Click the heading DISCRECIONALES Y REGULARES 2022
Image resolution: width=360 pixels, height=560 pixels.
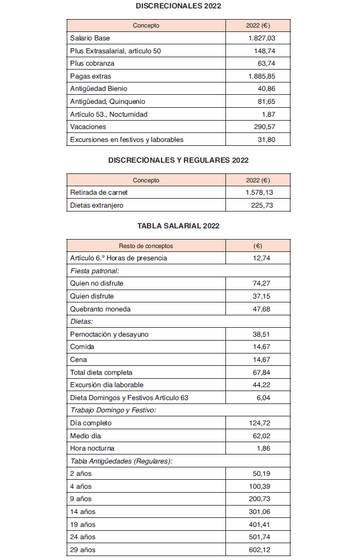point(178,160)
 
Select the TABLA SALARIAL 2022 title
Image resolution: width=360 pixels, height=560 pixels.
point(178,226)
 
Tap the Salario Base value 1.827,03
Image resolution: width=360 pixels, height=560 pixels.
point(261,38)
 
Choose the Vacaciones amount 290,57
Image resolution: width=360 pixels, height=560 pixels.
point(263,127)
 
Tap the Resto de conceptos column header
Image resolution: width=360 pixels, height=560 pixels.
point(146,246)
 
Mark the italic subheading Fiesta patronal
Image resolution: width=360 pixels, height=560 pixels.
point(90,271)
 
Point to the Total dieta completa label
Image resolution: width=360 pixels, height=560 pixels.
point(101,373)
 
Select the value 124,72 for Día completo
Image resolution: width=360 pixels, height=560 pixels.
point(260,423)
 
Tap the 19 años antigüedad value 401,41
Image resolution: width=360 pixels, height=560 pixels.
point(260,525)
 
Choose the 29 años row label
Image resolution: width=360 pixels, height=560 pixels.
point(82,550)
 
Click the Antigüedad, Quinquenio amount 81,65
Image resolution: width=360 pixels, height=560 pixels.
point(265,102)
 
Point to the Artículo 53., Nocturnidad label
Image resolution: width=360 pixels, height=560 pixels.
point(109,114)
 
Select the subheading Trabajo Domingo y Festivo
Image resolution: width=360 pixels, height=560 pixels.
point(113,410)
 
